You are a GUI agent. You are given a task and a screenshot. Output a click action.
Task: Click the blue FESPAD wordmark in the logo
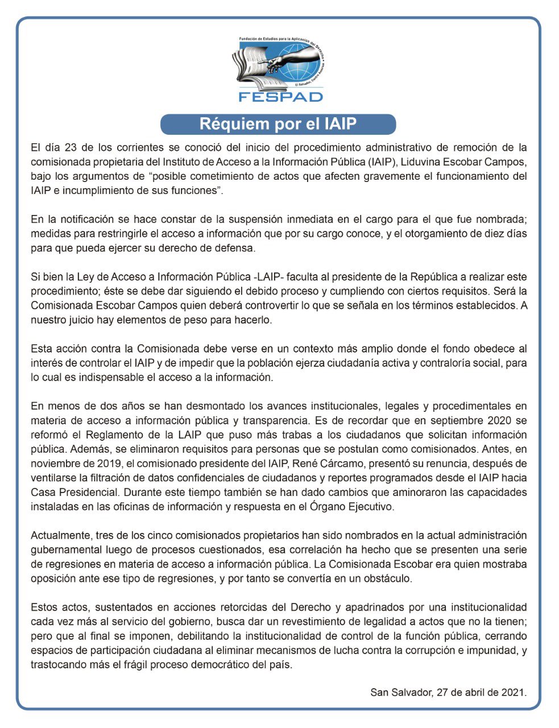(x=280, y=96)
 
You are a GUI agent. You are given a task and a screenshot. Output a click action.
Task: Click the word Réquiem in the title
(x=228, y=124)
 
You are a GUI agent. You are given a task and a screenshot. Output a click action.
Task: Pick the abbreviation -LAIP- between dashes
(x=270, y=277)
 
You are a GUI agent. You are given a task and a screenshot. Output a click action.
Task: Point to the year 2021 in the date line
(x=513, y=692)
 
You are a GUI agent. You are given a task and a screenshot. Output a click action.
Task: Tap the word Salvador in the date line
(x=409, y=692)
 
